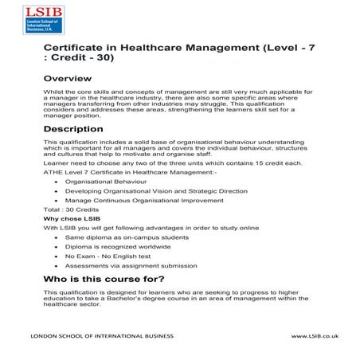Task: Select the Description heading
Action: coord(73,128)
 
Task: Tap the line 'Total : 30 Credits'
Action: coord(68,209)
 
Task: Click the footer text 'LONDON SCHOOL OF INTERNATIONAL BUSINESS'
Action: coord(101,337)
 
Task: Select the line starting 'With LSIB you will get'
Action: coord(151,228)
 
